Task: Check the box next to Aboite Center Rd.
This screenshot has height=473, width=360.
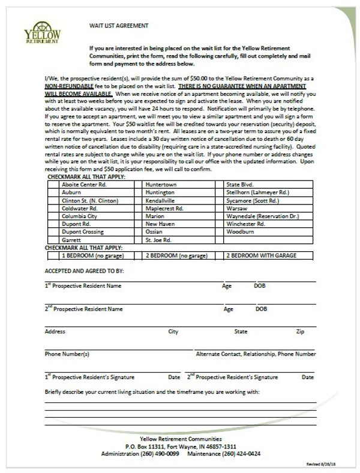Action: click(52, 185)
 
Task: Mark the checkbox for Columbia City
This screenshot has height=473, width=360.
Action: click(52, 216)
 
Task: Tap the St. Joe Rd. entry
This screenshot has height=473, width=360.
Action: click(158, 239)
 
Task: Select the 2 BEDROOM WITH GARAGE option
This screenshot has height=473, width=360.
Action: click(261, 255)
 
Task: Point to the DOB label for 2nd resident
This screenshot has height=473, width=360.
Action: click(261, 309)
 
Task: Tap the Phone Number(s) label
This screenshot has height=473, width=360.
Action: click(67, 354)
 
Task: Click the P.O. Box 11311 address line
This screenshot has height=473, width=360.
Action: click(180, 447)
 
